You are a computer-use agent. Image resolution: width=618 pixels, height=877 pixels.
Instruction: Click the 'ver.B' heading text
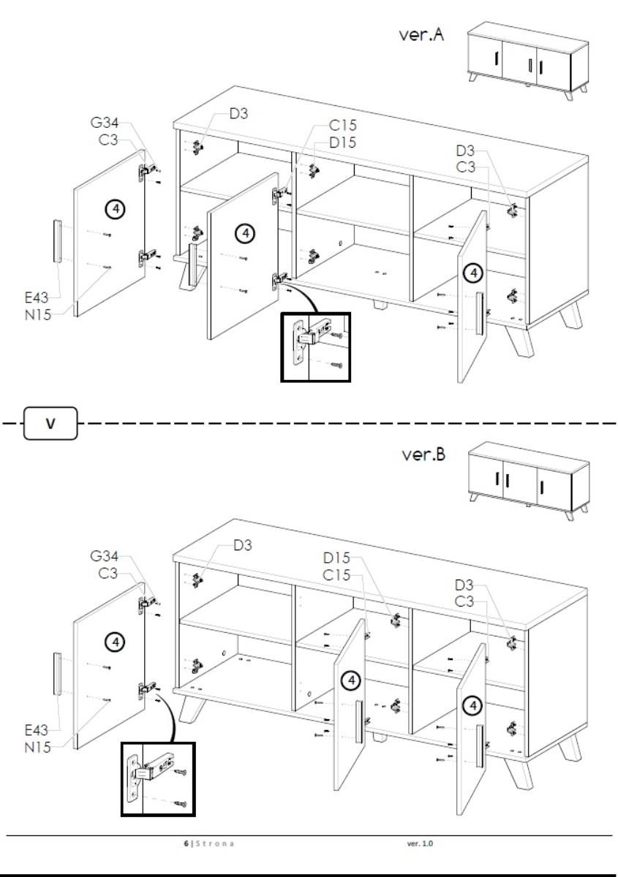click(x=424, y=455)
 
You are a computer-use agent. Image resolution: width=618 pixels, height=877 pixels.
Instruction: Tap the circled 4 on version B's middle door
click(x=353, y=680)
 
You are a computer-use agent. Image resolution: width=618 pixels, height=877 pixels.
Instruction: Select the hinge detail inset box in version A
click(x=316, y=347)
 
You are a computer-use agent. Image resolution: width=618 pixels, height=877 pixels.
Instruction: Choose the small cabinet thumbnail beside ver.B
click(x=528, y=480)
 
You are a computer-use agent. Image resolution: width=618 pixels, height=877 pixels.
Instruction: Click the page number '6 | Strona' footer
click(x=211, y=843)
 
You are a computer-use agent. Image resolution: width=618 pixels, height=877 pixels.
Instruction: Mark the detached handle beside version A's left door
click(x=56, y=240)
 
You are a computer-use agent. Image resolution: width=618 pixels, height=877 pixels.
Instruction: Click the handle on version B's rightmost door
click(x=480, y=746)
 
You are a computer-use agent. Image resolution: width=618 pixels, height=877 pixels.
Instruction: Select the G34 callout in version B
click(x=105, y=557)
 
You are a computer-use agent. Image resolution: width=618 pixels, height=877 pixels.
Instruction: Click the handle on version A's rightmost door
click(x=480, y=314)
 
